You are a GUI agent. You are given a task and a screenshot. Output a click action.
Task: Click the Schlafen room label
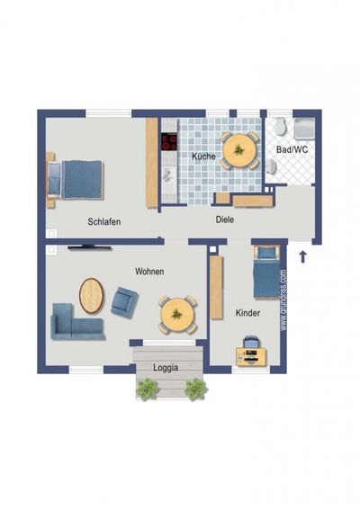click(104, 221)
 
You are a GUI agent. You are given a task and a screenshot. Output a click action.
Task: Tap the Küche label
click(202, 157)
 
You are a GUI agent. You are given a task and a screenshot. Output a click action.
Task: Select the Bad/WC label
click(292, 149)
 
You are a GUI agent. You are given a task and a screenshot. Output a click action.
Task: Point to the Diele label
click(225, 218)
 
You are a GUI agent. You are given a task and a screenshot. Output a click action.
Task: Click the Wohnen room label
click(149, 271)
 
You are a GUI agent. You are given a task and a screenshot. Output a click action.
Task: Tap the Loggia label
click(165, 367)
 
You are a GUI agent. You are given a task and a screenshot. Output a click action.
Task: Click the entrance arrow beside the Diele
click(302, 256)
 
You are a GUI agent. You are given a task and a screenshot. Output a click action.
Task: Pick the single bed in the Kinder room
click(266, 272)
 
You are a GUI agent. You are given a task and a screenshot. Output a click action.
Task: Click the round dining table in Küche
click(239, 149)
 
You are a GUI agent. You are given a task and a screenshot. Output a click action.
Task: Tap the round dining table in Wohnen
click(177, 314)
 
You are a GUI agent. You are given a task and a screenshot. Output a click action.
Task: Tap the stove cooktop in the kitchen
click(168, 141)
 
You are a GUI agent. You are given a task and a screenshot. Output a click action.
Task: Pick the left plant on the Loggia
click(146, 389)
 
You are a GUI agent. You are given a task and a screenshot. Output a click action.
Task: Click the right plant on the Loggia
click(194, 389)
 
